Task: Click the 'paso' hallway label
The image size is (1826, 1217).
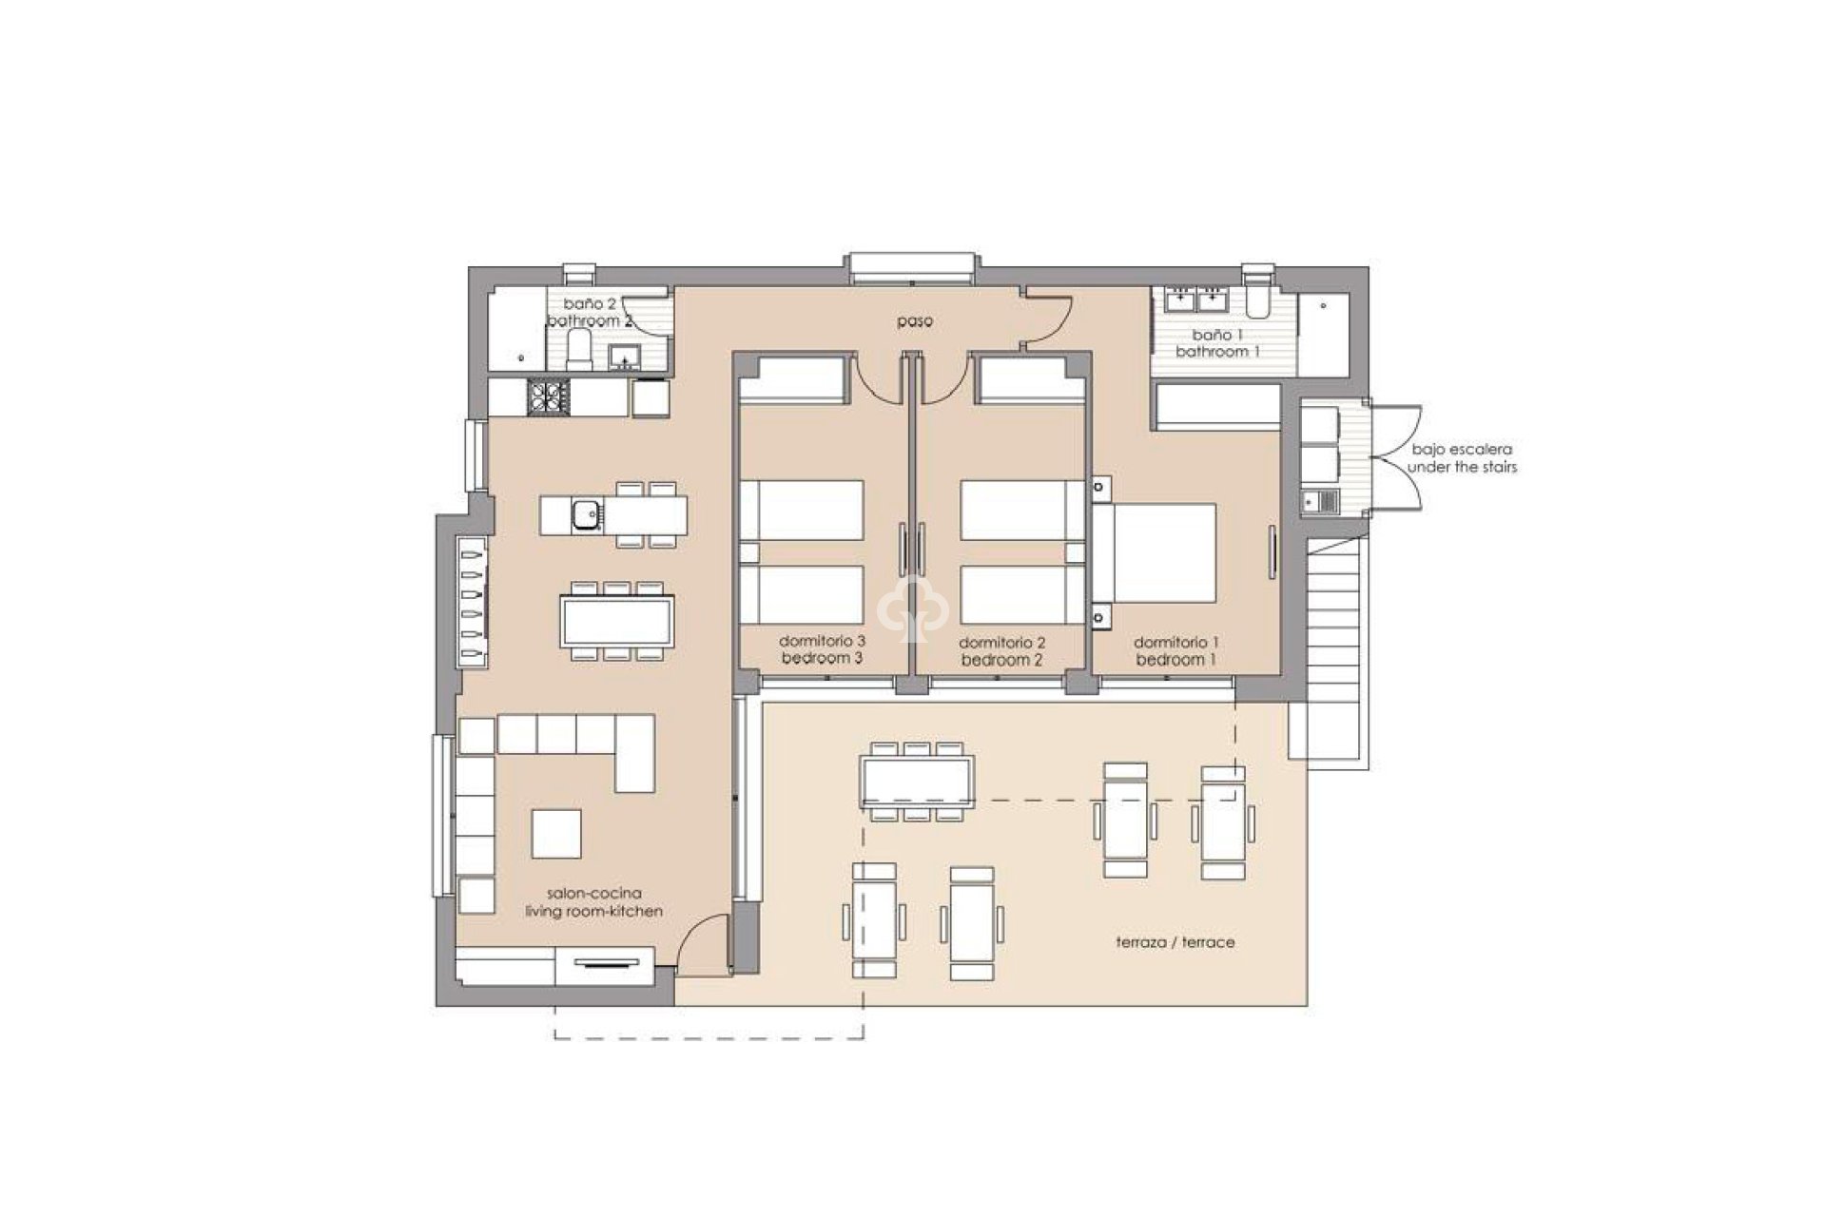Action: point(915,321)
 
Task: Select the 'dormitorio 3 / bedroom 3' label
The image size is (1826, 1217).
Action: point(822,649)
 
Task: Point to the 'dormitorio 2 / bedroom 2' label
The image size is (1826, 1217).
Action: point(1001,651)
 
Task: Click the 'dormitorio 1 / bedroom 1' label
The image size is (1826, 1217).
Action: point(1176,650)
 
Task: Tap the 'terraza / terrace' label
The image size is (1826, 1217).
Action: point(1175,942)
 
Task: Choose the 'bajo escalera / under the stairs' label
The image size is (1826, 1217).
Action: point(1462,458)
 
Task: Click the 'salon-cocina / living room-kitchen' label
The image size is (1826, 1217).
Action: point(593,902)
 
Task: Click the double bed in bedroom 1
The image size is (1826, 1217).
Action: point(1156,552)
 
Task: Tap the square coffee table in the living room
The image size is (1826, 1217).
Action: point(556,833)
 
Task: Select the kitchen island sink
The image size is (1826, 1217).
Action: point(584,515)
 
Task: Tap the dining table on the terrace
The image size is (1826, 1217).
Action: point(917,781)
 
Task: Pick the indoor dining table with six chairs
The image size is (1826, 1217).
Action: point(617,621)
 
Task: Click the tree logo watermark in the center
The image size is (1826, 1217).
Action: point(911,608)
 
